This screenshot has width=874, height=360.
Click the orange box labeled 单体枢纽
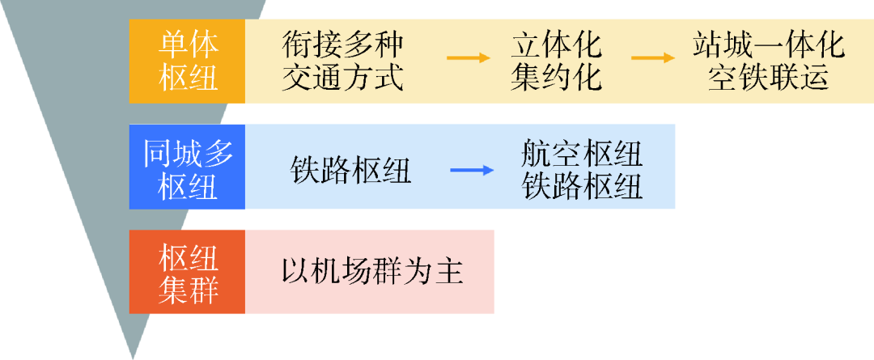pos(187,61)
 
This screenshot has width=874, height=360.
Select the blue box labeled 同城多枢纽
pos(187,166)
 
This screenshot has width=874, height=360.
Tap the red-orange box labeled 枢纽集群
pos(187,271)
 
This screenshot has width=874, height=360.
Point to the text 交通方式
pos(342,78)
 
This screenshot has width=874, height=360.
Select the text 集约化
pos(557,78)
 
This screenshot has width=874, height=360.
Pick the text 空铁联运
pos(768,78)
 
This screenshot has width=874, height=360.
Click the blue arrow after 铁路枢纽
pos(472,170)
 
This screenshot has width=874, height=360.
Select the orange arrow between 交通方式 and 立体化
pos(469,57)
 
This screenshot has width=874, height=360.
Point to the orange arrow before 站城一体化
pos(652,57)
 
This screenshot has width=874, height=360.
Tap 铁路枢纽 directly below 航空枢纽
pos(582,186)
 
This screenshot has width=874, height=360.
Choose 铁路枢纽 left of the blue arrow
pos(350,170)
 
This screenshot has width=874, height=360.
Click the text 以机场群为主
pos(372,271)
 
